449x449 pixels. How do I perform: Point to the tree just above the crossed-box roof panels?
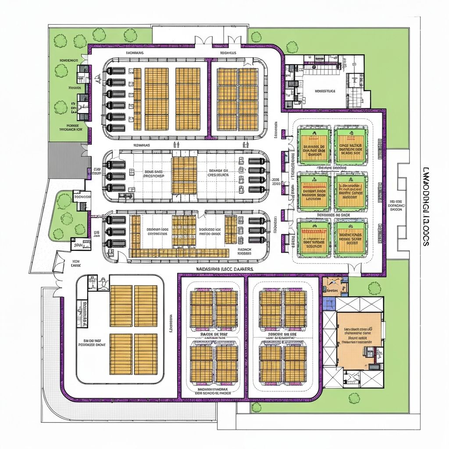(374, 288)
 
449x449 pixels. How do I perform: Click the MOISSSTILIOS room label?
(325, 91)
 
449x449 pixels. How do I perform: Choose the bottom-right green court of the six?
(350, 238)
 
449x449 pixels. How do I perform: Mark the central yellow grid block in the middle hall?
(184, 174)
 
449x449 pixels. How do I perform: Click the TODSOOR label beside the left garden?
(82, 197)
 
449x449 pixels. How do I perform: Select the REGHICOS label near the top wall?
(228, 53)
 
